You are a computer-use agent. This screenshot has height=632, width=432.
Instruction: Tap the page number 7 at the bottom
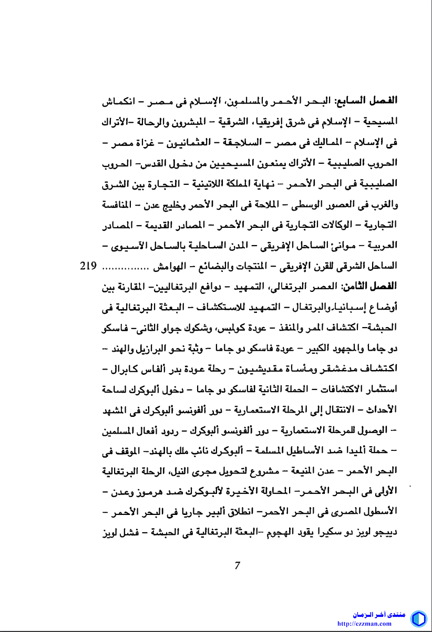(238, 566)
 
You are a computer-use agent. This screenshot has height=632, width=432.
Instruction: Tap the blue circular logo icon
(418, 618)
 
